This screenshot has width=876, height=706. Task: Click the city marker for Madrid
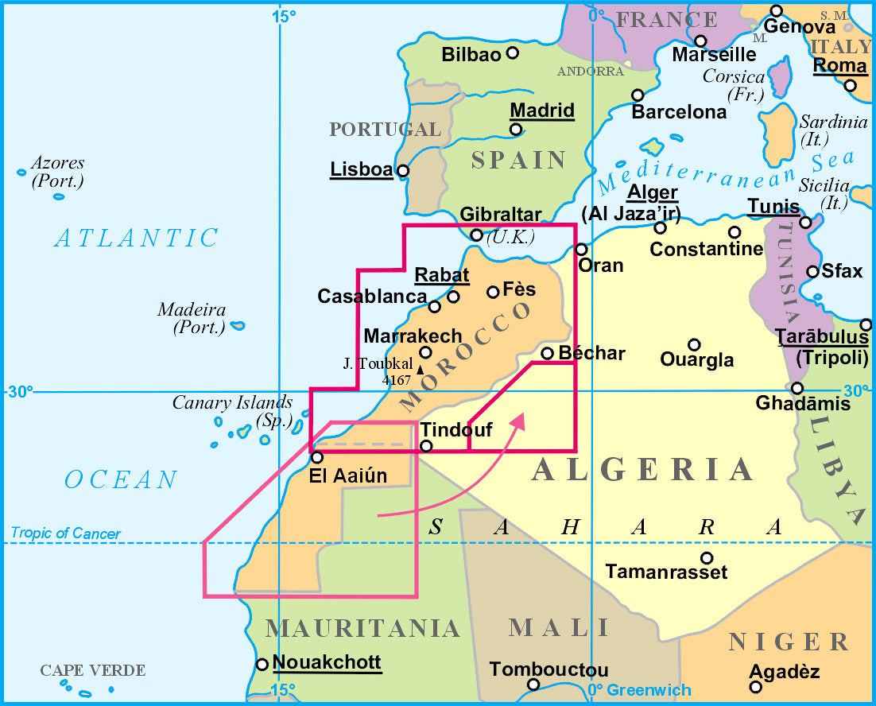[x=516, y=130]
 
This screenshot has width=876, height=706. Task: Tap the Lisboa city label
[x=362, y=169]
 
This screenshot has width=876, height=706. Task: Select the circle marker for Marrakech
[x=425, y=352]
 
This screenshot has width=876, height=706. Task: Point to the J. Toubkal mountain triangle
[x=420, y=368]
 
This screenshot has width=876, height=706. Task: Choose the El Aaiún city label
[x=349, y=476]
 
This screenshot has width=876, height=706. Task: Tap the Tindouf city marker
[x=425, y=446]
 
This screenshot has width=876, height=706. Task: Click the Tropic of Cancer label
[x=65, y=533]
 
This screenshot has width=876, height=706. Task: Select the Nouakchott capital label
[x=327, y=662]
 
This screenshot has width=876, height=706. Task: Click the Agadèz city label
[x=785, y=673]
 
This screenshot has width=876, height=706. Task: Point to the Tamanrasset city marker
[x=706, y=557]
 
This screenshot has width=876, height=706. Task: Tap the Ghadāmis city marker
[x=797, y=388]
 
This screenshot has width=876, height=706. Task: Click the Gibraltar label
[x=501, y=215]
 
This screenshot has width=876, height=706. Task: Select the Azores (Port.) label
[x=56, y=172]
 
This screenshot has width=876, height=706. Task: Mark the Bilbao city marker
[x=513, y=53]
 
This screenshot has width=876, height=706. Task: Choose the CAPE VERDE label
[x=93, y=670]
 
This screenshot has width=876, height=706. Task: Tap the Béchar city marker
[x=547, y=353]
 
